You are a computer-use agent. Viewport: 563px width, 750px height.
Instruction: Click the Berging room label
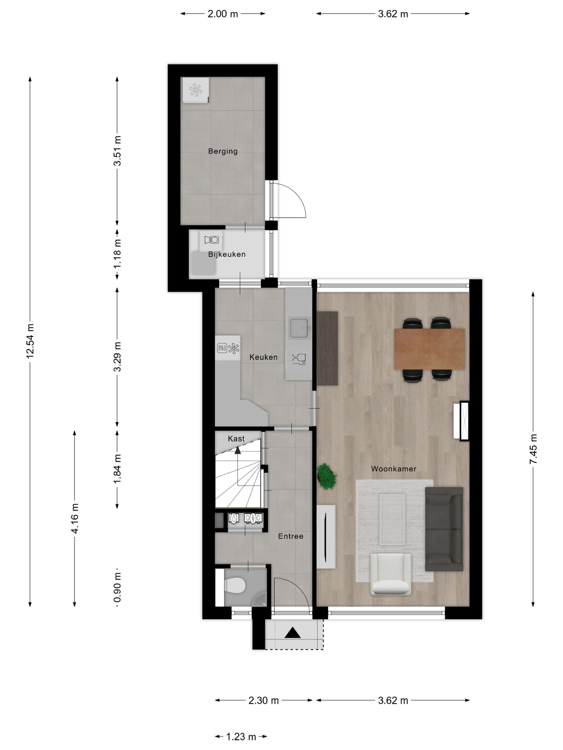pos(223,151)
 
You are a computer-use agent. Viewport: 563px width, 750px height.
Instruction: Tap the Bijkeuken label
pos(227,254)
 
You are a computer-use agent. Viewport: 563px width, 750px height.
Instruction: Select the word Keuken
pos(263,357)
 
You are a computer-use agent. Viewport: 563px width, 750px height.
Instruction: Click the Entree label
pos(291,536)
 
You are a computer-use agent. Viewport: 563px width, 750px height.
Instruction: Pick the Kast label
pos(236,439)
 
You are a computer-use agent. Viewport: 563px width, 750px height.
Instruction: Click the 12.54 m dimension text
pos(30,341)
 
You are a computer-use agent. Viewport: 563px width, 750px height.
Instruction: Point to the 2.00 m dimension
pos(223,14)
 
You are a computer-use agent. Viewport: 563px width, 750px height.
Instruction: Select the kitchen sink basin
pos(299,328)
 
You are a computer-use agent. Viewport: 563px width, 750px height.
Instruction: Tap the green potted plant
pos(326,476)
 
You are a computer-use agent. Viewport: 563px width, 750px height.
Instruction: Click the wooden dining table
pos(429,349)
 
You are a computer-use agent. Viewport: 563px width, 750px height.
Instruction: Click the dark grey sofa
pos(444,529)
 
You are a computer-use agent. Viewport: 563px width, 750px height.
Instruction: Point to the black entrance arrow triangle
pos(293,633)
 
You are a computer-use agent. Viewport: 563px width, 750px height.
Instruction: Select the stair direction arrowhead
pos(238,450)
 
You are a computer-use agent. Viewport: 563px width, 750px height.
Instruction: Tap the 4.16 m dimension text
pos(75,519)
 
